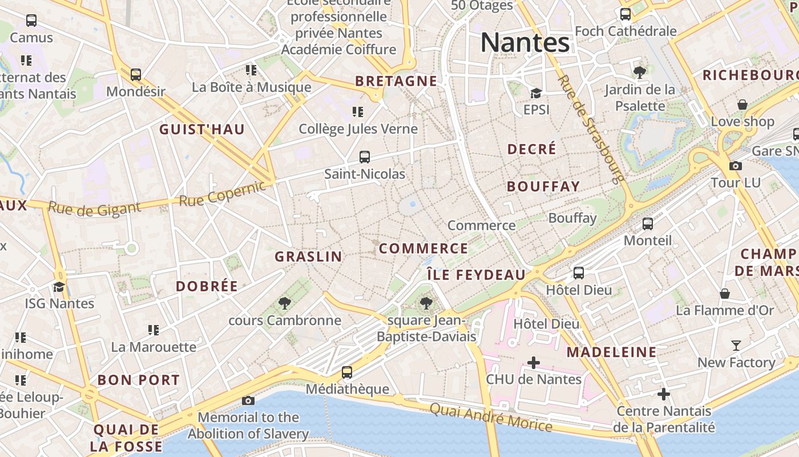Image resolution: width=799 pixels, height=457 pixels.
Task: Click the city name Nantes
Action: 525,43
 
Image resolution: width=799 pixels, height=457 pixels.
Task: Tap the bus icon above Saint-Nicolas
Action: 365,157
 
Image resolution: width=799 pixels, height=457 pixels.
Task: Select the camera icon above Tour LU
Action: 736,166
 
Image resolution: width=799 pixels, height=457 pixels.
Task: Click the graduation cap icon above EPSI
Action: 536,93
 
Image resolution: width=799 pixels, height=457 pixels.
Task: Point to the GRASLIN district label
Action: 308,257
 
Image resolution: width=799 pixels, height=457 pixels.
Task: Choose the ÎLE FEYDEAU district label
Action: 476,275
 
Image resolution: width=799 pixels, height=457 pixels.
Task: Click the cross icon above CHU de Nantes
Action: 534,362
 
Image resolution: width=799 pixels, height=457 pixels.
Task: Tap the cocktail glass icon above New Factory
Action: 736,346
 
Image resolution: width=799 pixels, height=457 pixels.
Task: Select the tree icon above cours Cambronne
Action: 284,303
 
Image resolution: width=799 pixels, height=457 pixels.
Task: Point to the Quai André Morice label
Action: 491,418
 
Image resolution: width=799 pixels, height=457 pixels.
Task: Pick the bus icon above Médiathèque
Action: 347,372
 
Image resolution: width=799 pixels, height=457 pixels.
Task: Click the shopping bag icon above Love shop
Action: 742,105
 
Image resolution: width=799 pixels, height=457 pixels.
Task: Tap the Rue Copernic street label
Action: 223,194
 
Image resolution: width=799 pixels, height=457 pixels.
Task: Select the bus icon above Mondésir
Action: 136,75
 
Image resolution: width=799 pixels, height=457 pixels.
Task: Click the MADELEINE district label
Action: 611,352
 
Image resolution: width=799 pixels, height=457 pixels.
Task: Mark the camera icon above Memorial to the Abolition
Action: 248,400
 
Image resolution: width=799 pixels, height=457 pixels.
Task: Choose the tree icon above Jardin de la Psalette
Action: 640,73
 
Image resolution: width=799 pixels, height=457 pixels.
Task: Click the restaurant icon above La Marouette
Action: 153,330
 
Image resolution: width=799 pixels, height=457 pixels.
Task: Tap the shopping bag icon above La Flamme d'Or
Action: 725,294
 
